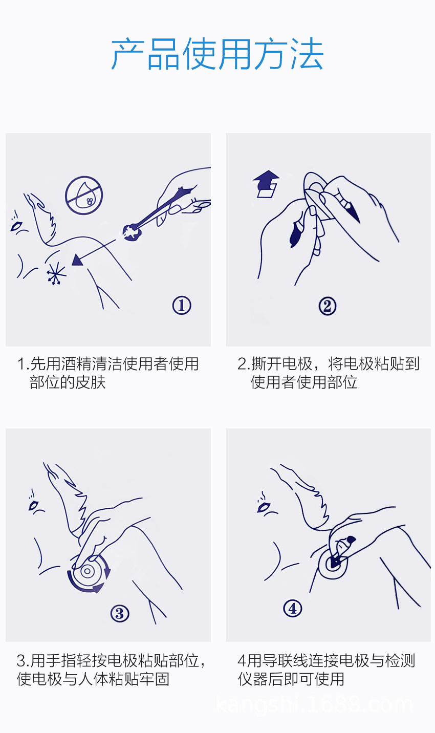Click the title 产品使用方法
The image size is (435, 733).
click(x=217, y=54)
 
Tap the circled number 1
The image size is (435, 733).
click(x=181, y=305)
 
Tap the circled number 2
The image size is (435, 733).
click(x=328, y=306)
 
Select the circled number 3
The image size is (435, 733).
click(x=120, y=613)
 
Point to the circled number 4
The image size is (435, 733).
click(x=292, y=608)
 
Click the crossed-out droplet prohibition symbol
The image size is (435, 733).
click(x=84, y=196)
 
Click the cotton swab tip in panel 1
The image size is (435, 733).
click(x=132, y=232)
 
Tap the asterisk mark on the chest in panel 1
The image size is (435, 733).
click(x=56, y=273)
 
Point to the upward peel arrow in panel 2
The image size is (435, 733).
click(x=267, y=184)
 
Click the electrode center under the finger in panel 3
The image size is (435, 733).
click(x=86, y=571)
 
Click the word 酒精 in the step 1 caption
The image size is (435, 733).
click(x=76, y=364)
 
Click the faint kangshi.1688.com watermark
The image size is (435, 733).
click(x=314, y=705)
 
